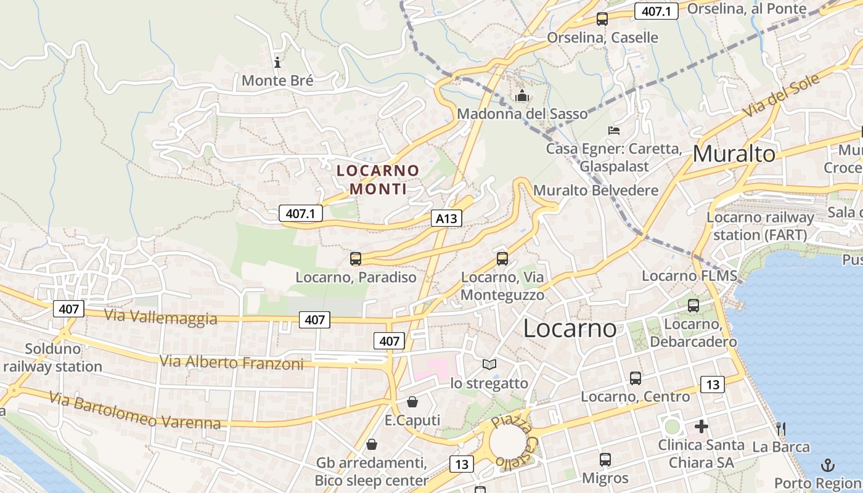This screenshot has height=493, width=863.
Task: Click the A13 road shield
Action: [446, 218]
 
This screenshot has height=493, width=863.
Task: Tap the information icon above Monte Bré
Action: [277, 62]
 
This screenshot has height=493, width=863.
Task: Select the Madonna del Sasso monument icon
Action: [522, 96]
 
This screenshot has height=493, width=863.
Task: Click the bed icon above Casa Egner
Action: [613, 131]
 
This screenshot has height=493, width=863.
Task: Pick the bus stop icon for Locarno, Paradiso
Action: [356, 259]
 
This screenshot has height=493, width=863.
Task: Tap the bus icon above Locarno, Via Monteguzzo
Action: [502, 259]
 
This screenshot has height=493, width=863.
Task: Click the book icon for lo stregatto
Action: [489, 365]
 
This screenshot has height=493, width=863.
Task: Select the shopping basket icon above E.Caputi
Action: [412, 402]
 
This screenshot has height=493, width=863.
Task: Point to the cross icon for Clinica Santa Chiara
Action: [701, 426]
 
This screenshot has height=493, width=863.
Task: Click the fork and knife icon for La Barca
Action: [780, 428]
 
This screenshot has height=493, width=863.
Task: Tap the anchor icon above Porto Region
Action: [828, 465]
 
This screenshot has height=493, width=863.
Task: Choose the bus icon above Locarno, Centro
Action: [636, 378]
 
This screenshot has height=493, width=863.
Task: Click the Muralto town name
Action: [734, 154]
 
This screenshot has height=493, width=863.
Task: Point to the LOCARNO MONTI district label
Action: [378, 179]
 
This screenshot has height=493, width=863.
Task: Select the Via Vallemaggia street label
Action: [160, 317]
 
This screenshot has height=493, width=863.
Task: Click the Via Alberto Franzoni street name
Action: [232, 362]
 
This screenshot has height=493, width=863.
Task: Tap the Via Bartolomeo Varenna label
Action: [135, 412]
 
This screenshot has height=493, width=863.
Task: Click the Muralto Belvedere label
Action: [595, 190]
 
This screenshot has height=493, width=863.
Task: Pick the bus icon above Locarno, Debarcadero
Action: [693, 305]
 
